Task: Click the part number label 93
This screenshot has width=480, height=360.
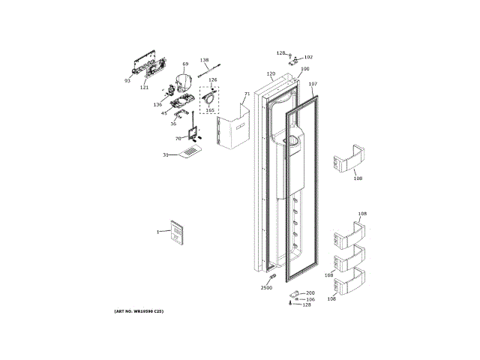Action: coord(127,80)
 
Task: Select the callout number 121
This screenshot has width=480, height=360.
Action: coord(144,87)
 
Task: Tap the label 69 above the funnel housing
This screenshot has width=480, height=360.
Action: coord(185,64)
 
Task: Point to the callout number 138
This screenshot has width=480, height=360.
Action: coord(204,60)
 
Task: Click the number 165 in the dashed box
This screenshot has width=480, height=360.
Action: coord(210,110)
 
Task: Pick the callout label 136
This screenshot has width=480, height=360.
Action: coord(157,105)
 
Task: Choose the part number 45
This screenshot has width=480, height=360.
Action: coord(163,113)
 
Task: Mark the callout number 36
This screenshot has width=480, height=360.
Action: coord(172,124)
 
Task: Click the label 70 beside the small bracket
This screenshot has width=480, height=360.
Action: coord(178,139)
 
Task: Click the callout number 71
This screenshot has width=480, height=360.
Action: coord(246,94)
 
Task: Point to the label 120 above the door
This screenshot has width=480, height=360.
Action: coord(271,73)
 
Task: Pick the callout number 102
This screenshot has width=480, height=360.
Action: coord(308,57)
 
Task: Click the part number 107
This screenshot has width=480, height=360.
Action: coord(313,84)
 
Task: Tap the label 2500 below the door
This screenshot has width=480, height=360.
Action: coord(266,288)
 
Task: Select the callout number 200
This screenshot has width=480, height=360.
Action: coord(310,292)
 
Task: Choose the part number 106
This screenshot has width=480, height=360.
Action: coord(310,299)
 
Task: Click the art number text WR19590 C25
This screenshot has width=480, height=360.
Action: coord(138,310)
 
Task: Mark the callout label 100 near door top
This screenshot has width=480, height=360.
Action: coord(304,69)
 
